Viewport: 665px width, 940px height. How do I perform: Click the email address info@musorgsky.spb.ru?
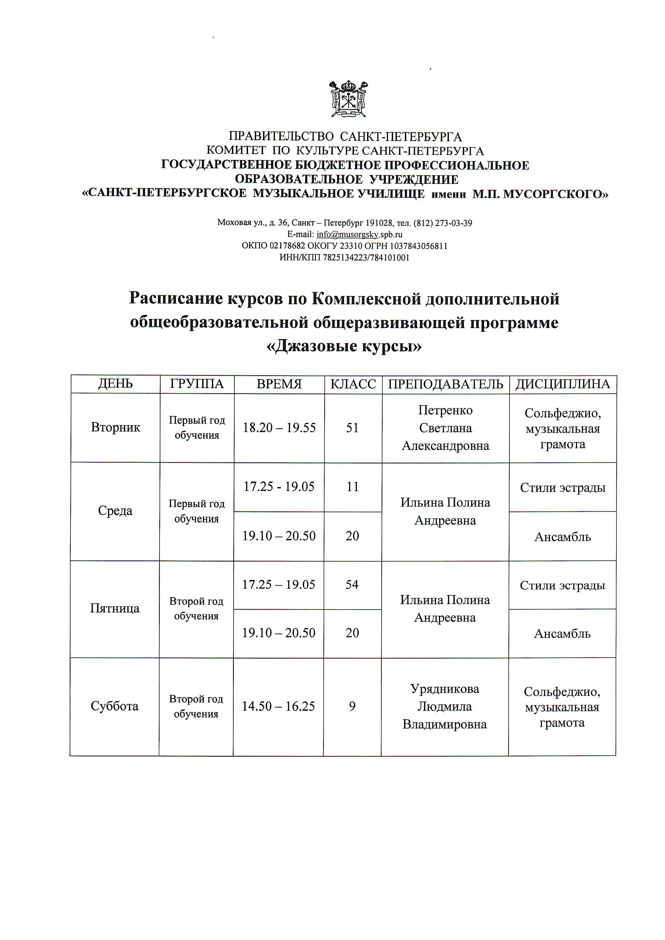[359, 235]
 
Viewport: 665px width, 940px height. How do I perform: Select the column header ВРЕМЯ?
[279, 384]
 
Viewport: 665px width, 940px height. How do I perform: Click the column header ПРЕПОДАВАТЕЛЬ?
[445, 384]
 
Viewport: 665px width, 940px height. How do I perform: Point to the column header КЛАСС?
[353, 384]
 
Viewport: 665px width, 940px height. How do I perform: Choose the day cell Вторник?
[116, 428]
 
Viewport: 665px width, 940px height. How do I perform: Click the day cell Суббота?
[115, 706]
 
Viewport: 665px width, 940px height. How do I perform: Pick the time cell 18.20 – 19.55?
[279, 428]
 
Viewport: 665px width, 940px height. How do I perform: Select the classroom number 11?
[353, 487]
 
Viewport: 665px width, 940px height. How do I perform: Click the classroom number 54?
[352, 585]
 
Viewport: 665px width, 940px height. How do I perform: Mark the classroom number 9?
[352, 706]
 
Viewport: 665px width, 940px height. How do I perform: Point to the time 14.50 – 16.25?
[278, 706]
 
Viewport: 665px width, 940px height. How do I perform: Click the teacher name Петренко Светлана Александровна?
[445, 428]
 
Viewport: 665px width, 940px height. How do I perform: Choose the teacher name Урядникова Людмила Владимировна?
[445, 706]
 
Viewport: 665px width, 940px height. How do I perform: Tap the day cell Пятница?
[115, 608]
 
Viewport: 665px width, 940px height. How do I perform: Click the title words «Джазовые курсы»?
[344, 346]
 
